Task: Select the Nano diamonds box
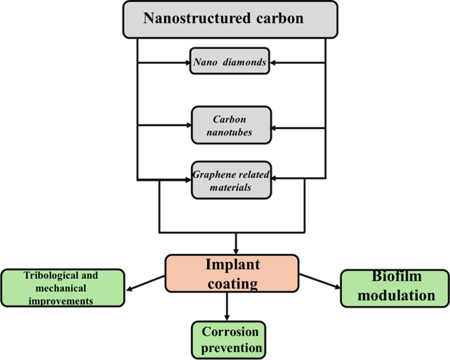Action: pyautogui.click(x=229, y=61)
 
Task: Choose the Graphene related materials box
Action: pyautogui.click(x=231, y=180)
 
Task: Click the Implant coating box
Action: pyautogui.click(x=232, y=274)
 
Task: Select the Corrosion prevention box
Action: pyautogui.click(x=229, y=339)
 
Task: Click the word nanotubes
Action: pyautogui.click(x=232, y=132)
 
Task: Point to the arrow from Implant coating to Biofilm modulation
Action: pyautogui.click(x=320, y=281)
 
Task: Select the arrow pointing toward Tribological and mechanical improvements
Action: pyautogui.click(x=145, y=284)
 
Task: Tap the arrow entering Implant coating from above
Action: pyautogui.click(x=236, y=243)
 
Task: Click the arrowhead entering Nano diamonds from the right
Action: pyautogui.click(x=274, y=62)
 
